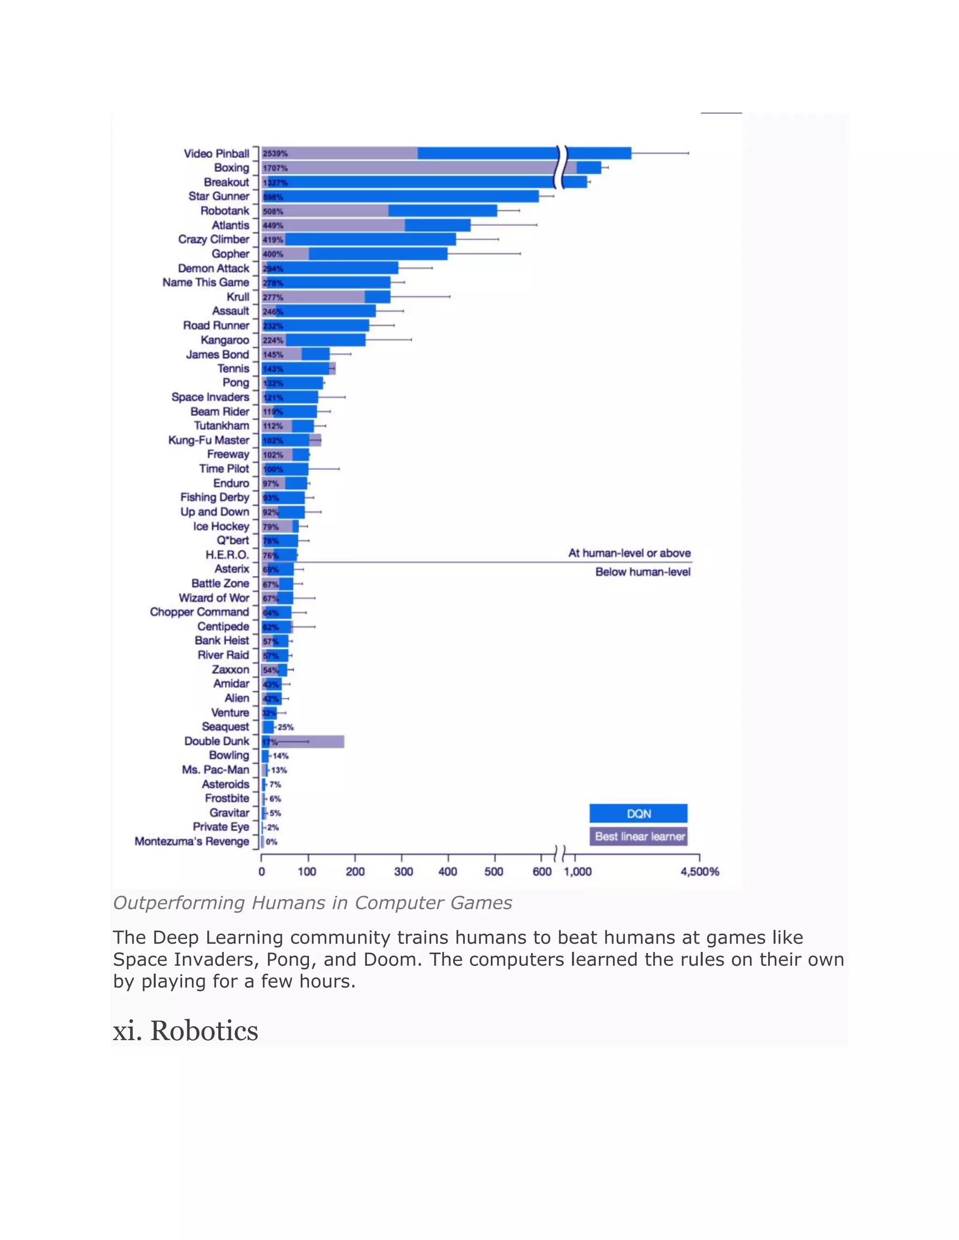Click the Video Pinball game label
click(x=216, y=153)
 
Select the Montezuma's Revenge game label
click(x=192, y=841)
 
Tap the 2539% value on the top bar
click(x=275, y=154)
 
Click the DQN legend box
click(x=638, y=814)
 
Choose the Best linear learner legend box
click(x=638, y=836)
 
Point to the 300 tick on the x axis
click(x=403, y=872)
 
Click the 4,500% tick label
click(x=700, y=872)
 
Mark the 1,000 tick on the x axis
click(x=577, y=872)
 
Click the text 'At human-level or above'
click(x=629, y=553)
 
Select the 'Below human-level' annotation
click(x=642, y=572)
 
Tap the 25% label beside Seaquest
click(x=285, y=727)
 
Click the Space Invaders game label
click(x=210, y=397)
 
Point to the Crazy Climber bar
click(x=369, y=240)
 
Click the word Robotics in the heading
click(x=204, y=1031)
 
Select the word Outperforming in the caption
click(x=179, y=903)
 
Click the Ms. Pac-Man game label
click(x=215, y=769)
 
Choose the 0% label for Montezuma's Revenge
click(x=272, y=842)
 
